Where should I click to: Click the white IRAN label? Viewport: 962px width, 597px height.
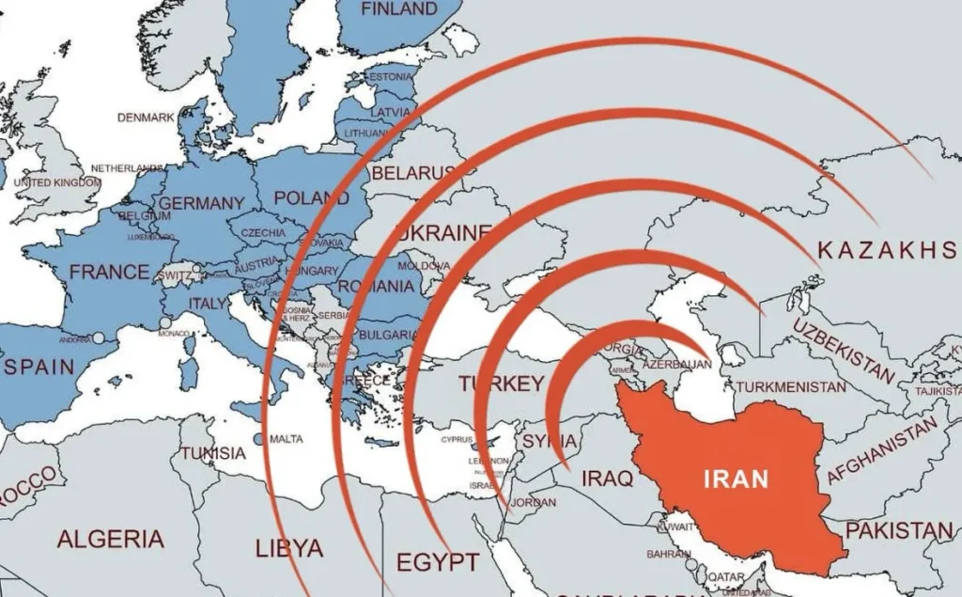(x=736, y=479)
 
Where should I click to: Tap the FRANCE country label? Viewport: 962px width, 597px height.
(x=109, y=273)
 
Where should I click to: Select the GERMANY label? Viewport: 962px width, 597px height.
(x=201, y=203)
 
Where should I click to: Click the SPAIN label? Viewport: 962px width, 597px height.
(x=39, y=367)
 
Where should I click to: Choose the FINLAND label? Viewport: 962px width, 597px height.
(x=399, y=9)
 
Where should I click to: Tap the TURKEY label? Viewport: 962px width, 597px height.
(x=501, y=384)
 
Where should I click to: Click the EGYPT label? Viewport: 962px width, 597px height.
(x=437, y=562)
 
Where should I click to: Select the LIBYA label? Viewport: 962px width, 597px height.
(x=289, y=547)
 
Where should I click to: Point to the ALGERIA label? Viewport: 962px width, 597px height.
(x=110, y=539)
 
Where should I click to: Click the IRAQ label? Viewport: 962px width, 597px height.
(x=607, y=479)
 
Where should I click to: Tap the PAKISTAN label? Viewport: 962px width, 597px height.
(x=899, y=531)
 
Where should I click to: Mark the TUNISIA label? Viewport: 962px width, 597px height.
(x=213, y=453)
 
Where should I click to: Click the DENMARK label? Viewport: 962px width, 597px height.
(x=146, y=118)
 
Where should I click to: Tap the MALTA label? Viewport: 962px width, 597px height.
(x=286, y=439)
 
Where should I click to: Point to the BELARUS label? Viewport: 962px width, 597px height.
(x=412, y=174)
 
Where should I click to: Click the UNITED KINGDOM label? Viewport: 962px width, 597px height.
(x=57, y=182)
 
